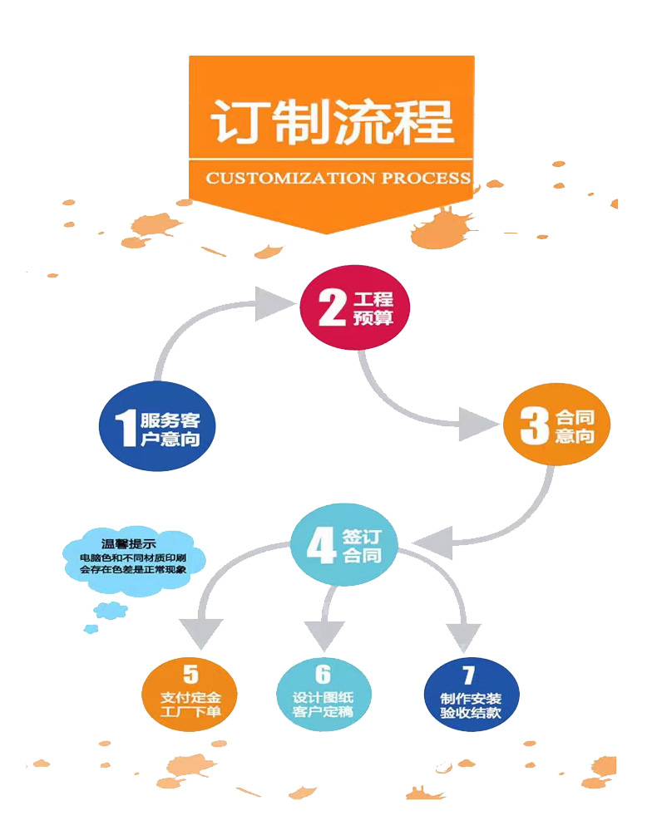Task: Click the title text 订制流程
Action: (332, 122)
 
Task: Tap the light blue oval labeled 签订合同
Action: (343, 545)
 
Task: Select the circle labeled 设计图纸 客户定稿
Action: (323, 694)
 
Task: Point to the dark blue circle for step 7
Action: (469, 694)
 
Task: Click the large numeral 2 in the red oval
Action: (331, 308)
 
